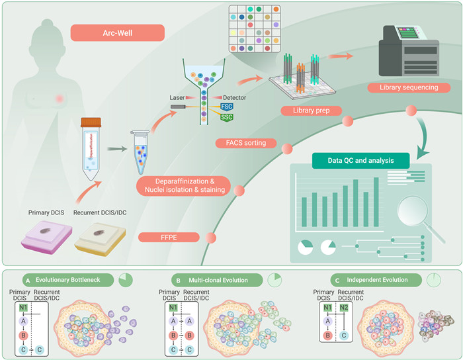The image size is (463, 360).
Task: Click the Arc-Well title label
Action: pos(116,32)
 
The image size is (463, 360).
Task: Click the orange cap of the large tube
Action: pos(90,123)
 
